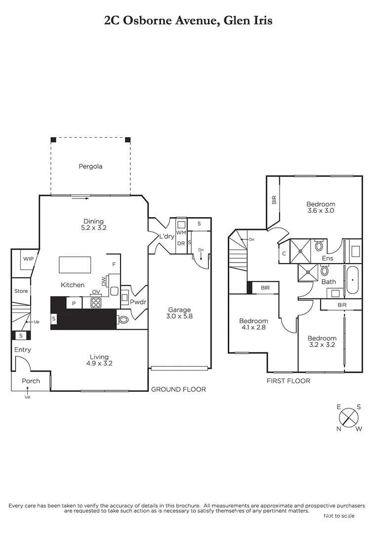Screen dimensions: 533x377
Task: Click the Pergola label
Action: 90,166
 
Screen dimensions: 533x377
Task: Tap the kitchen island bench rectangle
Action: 75,265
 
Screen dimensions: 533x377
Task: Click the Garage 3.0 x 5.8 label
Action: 179,313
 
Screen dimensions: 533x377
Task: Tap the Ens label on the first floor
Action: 328,258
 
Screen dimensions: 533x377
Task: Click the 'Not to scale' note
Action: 339,516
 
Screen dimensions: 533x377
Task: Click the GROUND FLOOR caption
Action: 178,389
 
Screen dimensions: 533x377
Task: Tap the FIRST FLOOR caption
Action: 288,381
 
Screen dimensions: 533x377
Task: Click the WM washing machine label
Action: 181,232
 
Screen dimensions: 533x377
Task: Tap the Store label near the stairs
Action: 21,291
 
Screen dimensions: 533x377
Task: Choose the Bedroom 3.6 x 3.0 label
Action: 321,207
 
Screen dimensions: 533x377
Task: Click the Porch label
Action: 30,381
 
